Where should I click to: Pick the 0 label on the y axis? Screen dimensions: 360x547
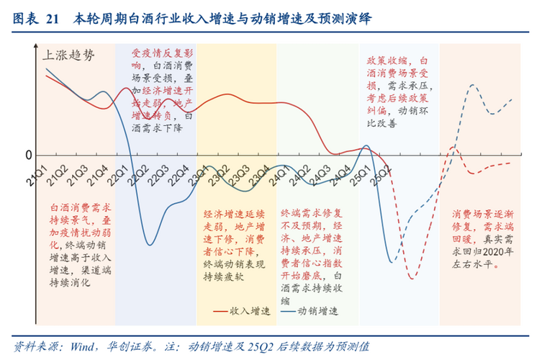click(x=29, y=155)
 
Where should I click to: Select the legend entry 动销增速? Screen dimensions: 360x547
click(x=318, y=311)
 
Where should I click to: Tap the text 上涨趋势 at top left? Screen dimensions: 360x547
click(x=68, y=54)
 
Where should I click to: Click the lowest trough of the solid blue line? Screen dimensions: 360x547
click(x=150, y=245)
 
